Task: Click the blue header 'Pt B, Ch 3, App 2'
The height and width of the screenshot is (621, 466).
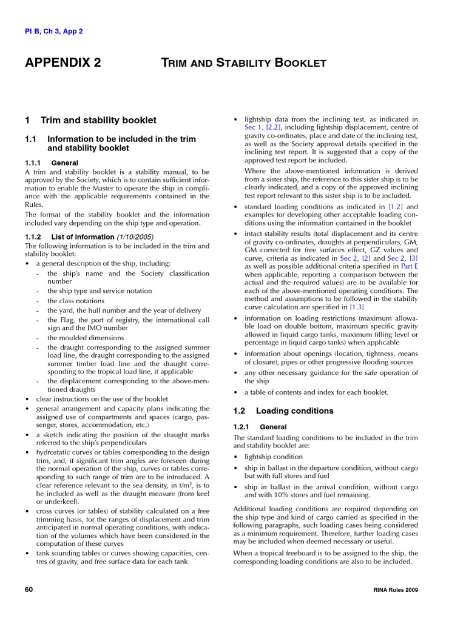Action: [54, 32]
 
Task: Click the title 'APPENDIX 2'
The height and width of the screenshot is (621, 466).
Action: [62, 63]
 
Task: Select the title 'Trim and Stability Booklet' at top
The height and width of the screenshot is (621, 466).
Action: [243, 63]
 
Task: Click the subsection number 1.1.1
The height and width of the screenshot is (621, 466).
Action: [34, 163]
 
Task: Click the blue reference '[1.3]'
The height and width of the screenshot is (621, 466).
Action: [357, 307]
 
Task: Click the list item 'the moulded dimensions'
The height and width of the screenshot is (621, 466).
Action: [86, 338]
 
